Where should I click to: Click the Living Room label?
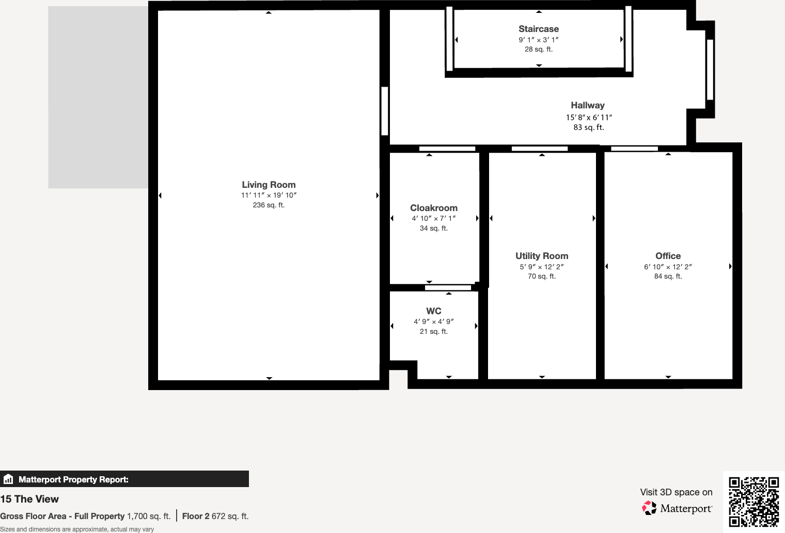(269, 185)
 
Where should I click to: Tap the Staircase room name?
(539, 29)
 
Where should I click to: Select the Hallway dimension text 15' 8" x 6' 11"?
(589, 117)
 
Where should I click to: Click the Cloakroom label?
(434, 208)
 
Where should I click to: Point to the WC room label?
(434, 311)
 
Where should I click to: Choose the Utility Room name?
(542, 256)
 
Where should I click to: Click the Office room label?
(668, 256)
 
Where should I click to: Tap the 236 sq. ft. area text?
(269, 205)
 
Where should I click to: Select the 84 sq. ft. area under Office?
(668, 276)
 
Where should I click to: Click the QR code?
(753, 502)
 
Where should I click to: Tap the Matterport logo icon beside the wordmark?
(649, 508)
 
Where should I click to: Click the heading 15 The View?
(29, 499)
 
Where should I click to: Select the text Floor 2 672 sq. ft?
(215, 516)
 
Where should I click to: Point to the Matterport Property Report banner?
(124, 479)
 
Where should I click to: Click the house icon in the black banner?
(8, 479)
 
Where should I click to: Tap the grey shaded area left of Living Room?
(98, 97)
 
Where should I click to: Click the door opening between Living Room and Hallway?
(384, 111)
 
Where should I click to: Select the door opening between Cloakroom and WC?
(448, 287)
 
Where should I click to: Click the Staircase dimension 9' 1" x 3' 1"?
(539, 40)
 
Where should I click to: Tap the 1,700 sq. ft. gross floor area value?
(149, 516)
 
